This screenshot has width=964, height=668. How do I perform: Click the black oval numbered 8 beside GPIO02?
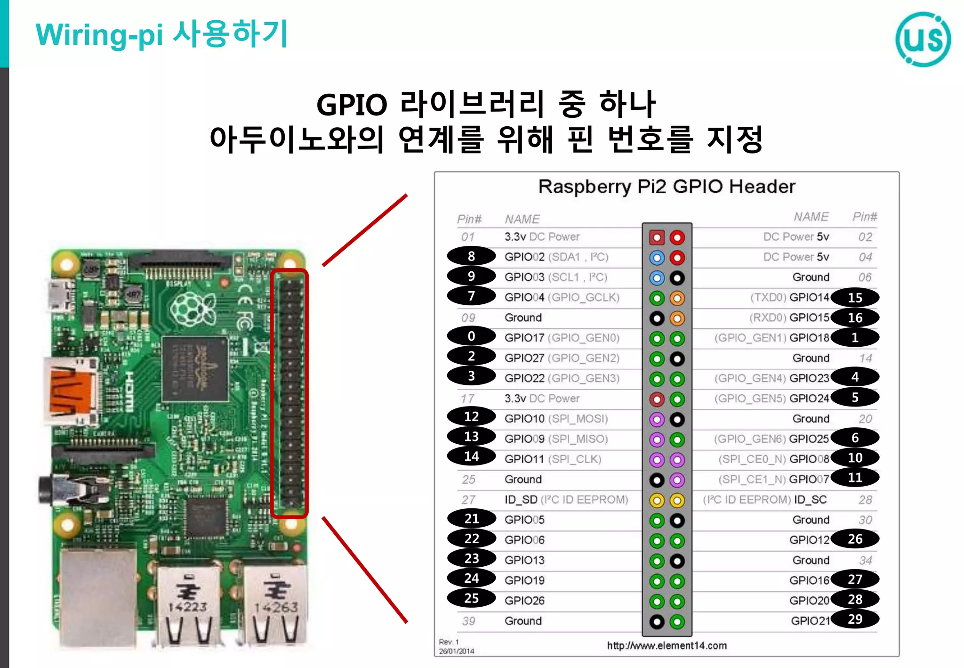[x=471, y=256]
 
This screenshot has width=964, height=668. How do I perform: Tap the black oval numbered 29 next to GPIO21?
[x=855, y=619]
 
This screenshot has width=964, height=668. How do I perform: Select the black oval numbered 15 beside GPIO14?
[x=855, y=298]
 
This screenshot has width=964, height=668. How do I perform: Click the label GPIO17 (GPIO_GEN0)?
[x=562, y=338]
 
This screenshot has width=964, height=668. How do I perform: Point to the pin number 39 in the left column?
[x=468, y=621]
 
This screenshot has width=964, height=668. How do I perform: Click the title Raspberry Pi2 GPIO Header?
[x=667, y=187]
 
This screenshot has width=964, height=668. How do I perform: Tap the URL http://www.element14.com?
[x=667, y=645]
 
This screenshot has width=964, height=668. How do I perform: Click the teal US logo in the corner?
[x=923, y=40]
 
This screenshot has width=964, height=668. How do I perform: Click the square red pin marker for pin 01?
[x=657, y=237]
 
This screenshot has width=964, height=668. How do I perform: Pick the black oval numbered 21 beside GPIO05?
[x=471, y=519]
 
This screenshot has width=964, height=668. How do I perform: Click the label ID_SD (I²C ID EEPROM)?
[x=566, y=499]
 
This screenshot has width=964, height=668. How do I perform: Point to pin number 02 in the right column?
[x=865, y=237]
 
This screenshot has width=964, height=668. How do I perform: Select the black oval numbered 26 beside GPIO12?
[x=855, y=539]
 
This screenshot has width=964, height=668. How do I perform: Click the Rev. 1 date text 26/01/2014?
[x=456, y=652]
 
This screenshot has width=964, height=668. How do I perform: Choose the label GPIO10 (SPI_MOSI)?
[x=556, y=419]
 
